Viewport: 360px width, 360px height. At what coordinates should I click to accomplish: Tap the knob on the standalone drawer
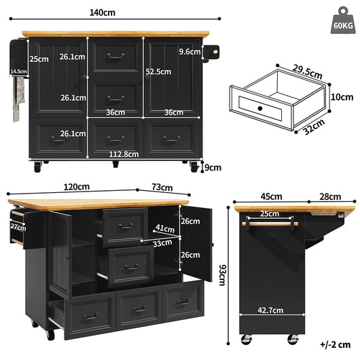[260, 108]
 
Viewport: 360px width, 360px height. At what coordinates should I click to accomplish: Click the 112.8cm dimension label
[124, 154]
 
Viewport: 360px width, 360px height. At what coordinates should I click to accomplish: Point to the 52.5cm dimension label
[157, 70]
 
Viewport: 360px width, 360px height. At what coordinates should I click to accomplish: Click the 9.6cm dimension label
[188, 52]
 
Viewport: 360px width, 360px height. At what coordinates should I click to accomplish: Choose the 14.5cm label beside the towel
[18, 71]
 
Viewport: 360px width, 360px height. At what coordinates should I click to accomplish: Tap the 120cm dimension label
[76, 187]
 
